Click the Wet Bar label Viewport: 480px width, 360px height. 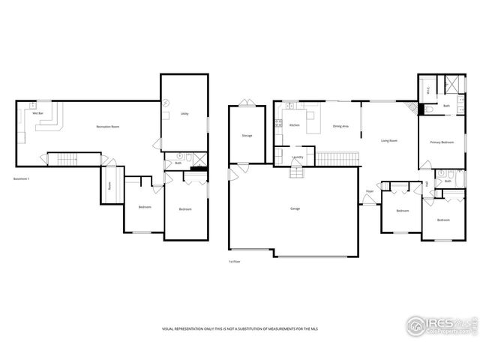[x=36, y=112]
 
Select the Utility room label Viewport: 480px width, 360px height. [x=184, y=114]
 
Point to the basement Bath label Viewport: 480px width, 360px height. [x=178, y=163]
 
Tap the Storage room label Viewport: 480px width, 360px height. [x=247, y=136]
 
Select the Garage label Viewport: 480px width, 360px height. [x=295, y=208]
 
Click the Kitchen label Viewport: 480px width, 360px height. [x=294, y=125]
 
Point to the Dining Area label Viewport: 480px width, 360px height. [x=340, y=126]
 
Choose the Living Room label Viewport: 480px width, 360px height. [x=388, y=140]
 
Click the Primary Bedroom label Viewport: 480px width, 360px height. [x=441, y=142]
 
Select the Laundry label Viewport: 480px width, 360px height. [x=298, y=157]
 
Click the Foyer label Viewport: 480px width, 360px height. [x=370, y=191]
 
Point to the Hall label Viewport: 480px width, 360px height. [x=427, y=184]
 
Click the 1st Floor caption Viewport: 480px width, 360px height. [x=235, y=262]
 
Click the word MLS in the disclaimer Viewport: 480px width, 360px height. [x=313, y=329]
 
